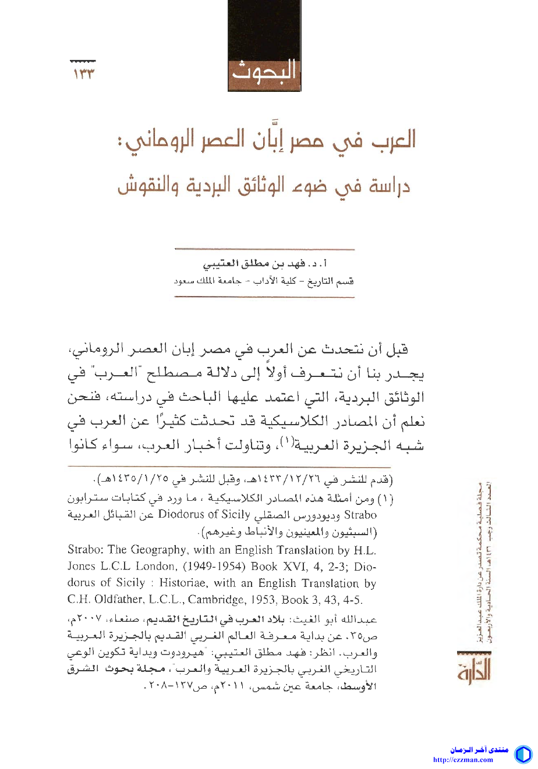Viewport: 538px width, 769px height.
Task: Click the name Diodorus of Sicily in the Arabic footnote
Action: pos(204,515)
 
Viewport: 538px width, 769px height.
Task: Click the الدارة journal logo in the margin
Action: pos(473,666)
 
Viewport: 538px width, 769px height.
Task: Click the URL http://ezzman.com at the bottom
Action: pos(463,760)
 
